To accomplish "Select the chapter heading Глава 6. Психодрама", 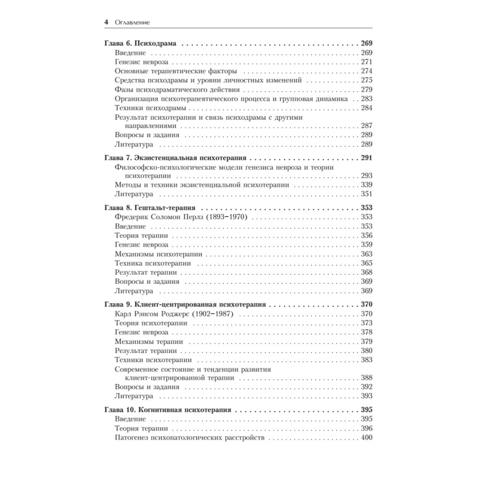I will point(140,44).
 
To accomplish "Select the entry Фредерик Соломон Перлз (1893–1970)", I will point(184,218).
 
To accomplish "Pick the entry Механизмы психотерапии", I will point(158,254).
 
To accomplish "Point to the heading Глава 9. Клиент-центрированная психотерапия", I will point(186,304).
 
